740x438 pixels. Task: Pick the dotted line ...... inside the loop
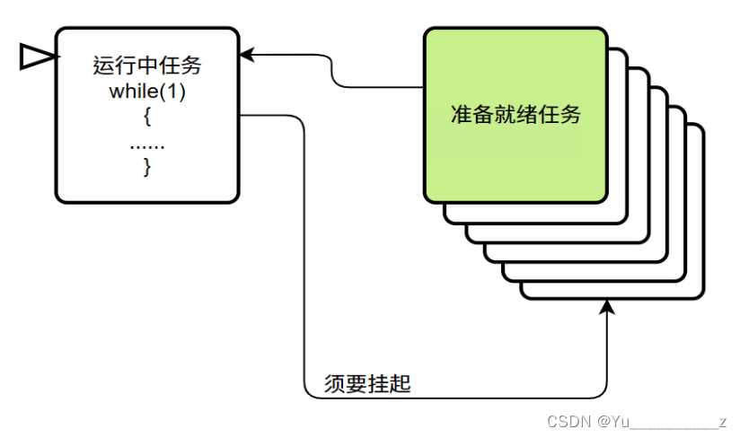point(146,144)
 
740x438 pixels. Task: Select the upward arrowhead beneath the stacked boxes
point(608,308)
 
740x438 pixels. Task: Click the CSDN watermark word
point(566,421)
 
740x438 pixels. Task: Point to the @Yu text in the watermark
point(614,421)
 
